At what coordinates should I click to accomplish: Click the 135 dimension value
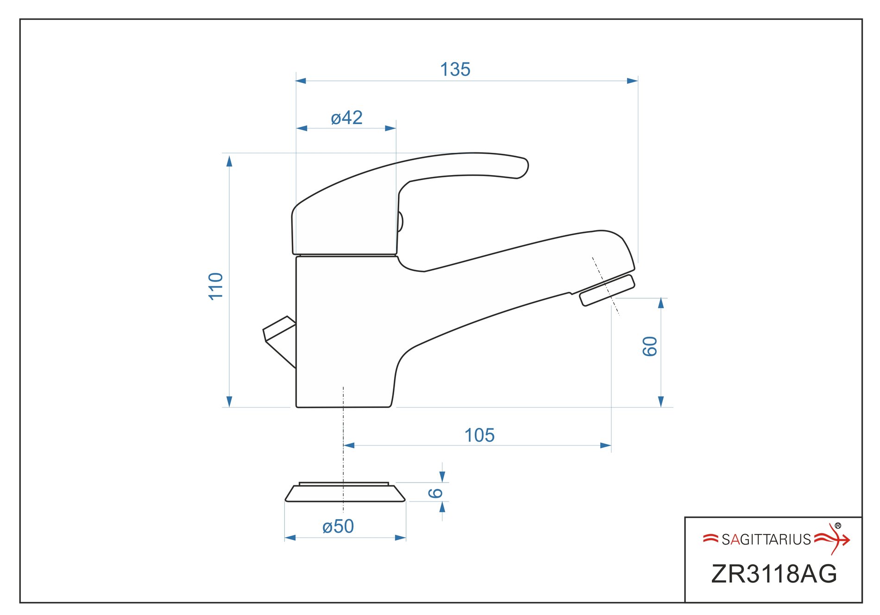(455, 69)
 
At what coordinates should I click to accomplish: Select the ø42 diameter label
(347, 118)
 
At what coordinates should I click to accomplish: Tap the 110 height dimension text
(216, 286)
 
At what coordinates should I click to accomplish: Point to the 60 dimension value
(650, 346)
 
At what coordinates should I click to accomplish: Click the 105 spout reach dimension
(479, 435)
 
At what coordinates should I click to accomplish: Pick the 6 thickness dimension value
(435, 493)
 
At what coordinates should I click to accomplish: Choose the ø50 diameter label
(338, 527)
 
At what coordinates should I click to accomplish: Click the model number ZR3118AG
(774, 574)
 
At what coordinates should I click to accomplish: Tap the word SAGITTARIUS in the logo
(767, 540)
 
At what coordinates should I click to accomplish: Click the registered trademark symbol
(838, 526)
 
